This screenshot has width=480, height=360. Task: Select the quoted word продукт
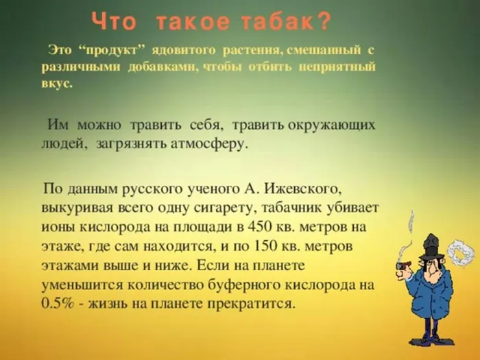pos(111,52)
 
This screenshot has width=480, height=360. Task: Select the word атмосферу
pos(204,145)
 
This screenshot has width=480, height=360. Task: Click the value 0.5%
pos(57,303)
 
